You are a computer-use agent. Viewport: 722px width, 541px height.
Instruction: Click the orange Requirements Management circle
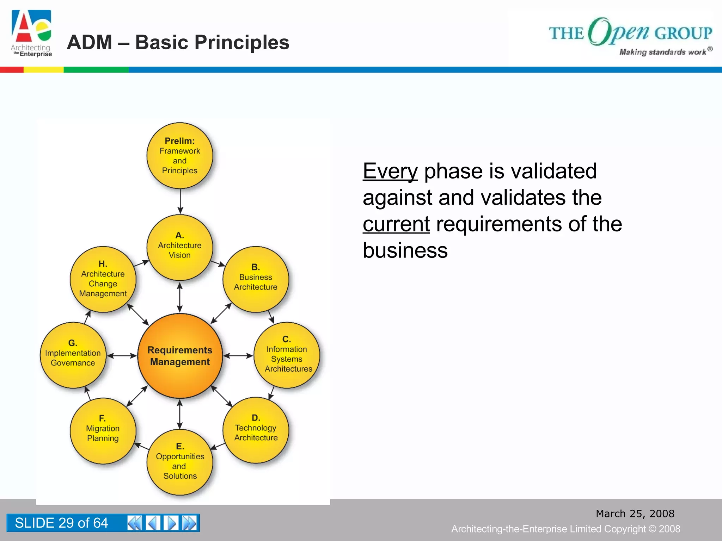(180, 356)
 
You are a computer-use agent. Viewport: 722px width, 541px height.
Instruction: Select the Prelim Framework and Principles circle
(180, 155)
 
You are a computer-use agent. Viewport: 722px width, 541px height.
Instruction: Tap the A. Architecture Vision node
(180, 247)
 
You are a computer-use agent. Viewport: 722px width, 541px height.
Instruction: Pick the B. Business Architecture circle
(256, 279)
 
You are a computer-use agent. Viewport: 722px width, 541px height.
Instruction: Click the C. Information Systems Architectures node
(287, 355)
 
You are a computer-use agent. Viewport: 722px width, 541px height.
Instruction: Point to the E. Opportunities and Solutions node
(180, 462)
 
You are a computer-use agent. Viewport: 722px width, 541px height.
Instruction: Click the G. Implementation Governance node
(73, 355)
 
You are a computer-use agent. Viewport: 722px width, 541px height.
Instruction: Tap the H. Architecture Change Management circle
(103, 279)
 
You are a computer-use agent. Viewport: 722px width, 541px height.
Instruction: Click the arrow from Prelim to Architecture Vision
(180, 201)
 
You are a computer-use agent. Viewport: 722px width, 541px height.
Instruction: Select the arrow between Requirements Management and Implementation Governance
(122, 356)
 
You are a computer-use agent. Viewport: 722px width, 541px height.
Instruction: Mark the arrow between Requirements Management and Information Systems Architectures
(238, 356)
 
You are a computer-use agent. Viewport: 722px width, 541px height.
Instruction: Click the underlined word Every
(390, 172)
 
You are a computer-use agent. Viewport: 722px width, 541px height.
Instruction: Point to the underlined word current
(396, 224)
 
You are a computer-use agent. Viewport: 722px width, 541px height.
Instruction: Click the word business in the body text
(405, 250)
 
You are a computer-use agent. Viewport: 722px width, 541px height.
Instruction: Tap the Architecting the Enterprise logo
(32, 33)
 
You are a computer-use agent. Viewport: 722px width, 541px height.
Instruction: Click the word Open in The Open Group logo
(619, 32)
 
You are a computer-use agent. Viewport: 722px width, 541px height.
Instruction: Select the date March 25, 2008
(635, 514)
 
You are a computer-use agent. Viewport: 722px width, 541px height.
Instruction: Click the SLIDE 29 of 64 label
(61, 523)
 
